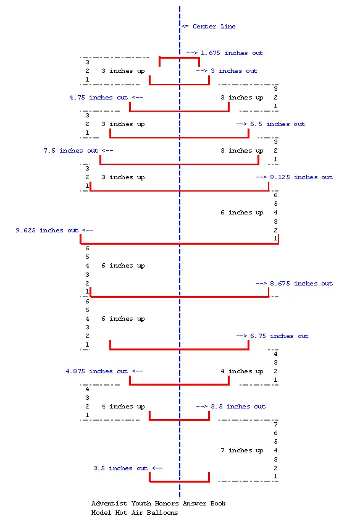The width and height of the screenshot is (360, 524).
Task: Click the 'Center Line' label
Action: coord(214,27)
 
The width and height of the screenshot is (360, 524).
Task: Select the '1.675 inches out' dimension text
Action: coord(232,53)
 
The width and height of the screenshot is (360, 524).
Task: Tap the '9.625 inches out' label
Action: coord(47,230)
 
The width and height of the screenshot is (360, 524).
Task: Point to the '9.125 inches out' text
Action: coord(301,177)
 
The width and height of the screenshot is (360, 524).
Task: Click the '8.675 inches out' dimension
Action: coord(301,284)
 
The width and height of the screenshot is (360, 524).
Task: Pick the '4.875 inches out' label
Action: coord(97,371)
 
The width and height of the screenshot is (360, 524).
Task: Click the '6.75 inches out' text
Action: coord(280,336)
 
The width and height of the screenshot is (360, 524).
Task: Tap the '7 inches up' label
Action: coord(242,450)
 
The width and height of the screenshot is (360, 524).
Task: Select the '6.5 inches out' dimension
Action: coord(277,124)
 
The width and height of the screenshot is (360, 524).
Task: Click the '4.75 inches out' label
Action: coord(99,98)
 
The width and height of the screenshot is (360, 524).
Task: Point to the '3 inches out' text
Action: coord(234,71)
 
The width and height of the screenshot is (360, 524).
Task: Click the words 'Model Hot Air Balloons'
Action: coord(135,513)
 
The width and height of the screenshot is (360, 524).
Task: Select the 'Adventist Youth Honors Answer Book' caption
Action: coord(158,504)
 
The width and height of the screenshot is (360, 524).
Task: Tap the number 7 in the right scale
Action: coord(275,425)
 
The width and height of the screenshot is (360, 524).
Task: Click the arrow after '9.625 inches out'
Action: coord(88,230)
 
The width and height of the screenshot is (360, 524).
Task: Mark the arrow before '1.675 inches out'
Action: coord(191,53)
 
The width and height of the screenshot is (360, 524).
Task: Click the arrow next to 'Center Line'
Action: coord(185,27)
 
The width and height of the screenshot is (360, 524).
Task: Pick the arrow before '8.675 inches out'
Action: coord(261,284)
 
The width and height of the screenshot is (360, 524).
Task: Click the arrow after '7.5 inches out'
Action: coord(107,151)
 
